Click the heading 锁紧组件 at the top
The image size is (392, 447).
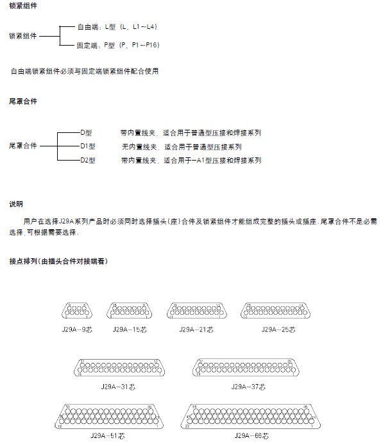(23, 6)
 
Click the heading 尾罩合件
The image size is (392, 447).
(23, 101)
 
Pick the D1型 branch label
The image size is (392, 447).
(88, 146)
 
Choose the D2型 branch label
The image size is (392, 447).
(88, 160)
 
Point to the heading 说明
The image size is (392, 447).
(16, 204)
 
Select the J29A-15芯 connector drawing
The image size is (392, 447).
(128, 311)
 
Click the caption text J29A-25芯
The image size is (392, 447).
(278, 329)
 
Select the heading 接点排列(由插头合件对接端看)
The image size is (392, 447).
(58, 261)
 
